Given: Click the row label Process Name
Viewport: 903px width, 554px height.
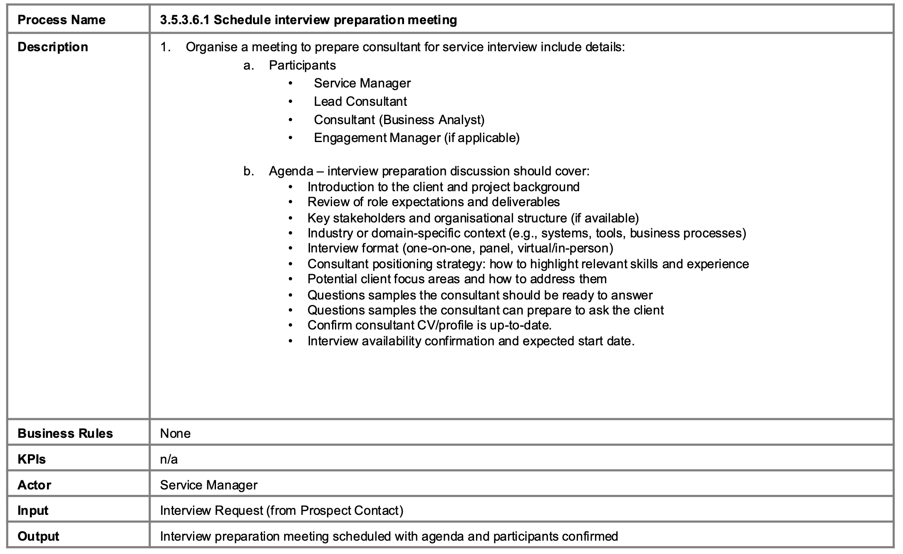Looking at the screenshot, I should tap(62, 20).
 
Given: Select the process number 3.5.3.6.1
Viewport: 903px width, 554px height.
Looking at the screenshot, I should tap(185, 20).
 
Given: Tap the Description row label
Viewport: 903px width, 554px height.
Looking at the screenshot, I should tap(53, 47).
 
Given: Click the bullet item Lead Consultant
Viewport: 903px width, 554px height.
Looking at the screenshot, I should tap(360, 102).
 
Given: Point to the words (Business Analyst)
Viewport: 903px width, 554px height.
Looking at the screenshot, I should tap(432, 120).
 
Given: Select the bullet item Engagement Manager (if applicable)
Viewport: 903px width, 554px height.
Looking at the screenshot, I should tap(417, 138).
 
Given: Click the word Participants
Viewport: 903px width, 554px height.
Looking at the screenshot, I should tap(302, 65).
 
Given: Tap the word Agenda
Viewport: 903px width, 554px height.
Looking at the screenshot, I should tap(291, 171).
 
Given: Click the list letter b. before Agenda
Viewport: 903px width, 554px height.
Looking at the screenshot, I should tap(248, 171).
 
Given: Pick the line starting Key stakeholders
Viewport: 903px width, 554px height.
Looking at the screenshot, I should tap(473, 218).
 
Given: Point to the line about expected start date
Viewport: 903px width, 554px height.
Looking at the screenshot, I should tap(471, 341).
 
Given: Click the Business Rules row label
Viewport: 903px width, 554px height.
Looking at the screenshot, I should tap(65, 434).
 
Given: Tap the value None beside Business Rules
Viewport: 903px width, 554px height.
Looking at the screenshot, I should tap(175, 434).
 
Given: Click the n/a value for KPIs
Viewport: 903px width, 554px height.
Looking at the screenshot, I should tap(169, 459).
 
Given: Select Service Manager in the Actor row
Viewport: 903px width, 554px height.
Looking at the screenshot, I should tap(208, 485).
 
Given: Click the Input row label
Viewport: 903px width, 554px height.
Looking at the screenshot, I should tap(33, 511).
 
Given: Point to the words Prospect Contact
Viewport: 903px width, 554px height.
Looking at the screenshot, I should tap(350, 511).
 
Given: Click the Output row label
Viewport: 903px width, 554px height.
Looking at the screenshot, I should tap(38, 537).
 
